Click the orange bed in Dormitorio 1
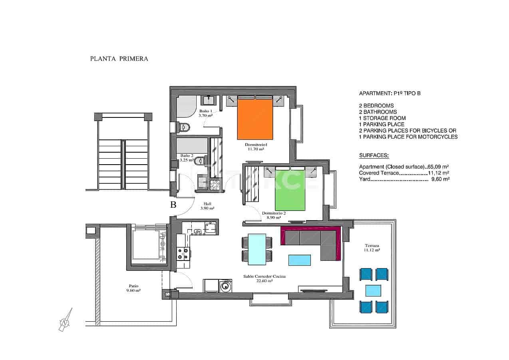[x=255, y=119]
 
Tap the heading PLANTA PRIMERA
[x=119, y=59]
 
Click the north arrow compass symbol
[x=65, y=320]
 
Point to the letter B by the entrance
[x=173, y=205]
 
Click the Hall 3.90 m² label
[x=207, y=205]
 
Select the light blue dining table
[x=257, y=249]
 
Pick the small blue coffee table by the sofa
[x=300, y=260]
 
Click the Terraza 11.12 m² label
[x=371, y=247]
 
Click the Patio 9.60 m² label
[x=134, y=288]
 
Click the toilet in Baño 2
[x=199, y=161]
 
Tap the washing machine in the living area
[x=226, y=286]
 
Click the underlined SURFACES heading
[x=374, y=155]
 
